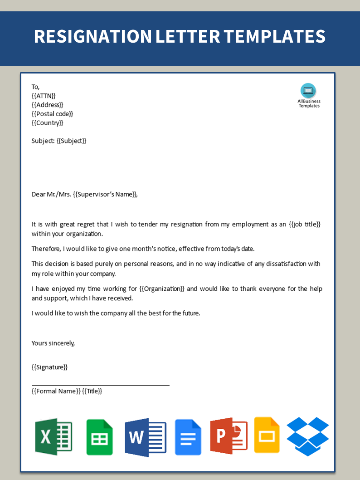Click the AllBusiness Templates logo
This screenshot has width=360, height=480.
[308, 95]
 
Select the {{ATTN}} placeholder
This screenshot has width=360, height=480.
[44, 96]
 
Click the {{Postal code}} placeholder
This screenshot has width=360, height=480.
[52, 114]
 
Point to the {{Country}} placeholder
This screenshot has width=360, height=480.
[47, 123]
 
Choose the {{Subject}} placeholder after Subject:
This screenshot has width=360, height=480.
[71, 141]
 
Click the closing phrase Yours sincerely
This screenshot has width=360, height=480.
[53, 343]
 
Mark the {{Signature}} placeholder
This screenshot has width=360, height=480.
[49, 367]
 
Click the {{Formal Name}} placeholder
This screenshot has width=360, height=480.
[56, 391]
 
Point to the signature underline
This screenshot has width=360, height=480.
[100, 385]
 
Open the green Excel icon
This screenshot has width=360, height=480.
[54, 436]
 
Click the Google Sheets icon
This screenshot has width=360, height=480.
[99, 437]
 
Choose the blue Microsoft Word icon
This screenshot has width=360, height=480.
[146, 437]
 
